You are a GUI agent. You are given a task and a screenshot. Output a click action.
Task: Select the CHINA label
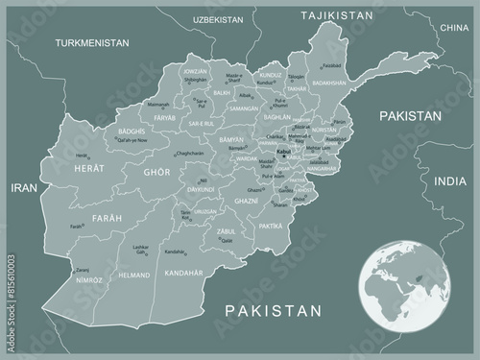[452, 29]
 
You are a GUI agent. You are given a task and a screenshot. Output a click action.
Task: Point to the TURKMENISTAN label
[92, 43]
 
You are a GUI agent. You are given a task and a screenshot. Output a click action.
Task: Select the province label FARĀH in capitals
[107, 219]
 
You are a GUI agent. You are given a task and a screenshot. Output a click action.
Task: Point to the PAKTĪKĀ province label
[272, 226]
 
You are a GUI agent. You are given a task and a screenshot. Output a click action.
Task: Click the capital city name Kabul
[282, 152]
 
